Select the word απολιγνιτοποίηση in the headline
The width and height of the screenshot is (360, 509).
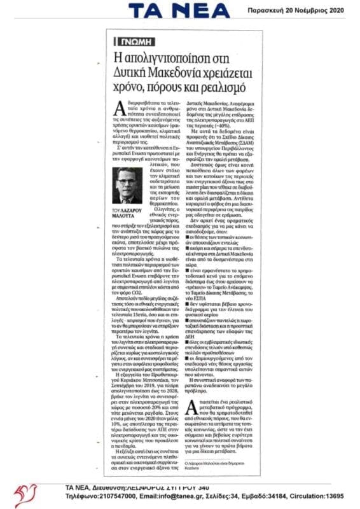point(165,56)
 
